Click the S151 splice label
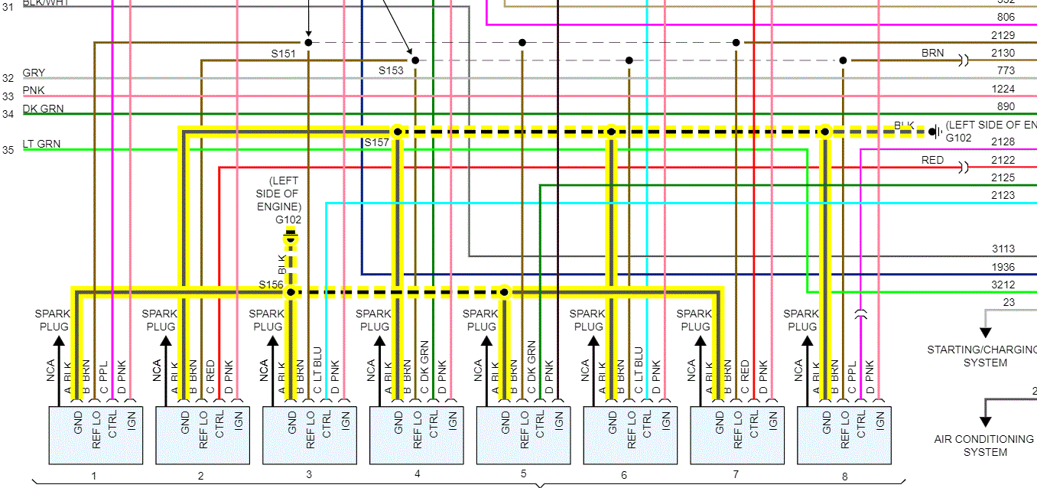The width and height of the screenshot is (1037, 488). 283,54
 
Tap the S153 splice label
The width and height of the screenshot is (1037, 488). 391,70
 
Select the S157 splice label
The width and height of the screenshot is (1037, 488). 376,143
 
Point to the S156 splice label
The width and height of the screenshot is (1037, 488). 271,285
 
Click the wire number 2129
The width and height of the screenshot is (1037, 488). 1003,35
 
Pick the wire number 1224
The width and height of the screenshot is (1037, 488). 1003,89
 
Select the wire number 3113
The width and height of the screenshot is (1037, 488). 1003,249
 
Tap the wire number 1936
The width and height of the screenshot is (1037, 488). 1003,267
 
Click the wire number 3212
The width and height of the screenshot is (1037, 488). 1003,285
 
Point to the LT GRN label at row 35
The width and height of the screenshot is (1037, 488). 41,144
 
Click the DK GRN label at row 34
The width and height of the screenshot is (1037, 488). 44,109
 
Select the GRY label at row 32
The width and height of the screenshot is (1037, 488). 34,73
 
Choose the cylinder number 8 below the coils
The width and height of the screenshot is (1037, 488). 844,476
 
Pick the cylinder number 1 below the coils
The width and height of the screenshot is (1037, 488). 94,476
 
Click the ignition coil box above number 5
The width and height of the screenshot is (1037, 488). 523,434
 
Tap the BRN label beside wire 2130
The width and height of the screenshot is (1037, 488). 932,54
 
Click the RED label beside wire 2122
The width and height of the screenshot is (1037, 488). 932,161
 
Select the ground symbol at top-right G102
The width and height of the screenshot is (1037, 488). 933,132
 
